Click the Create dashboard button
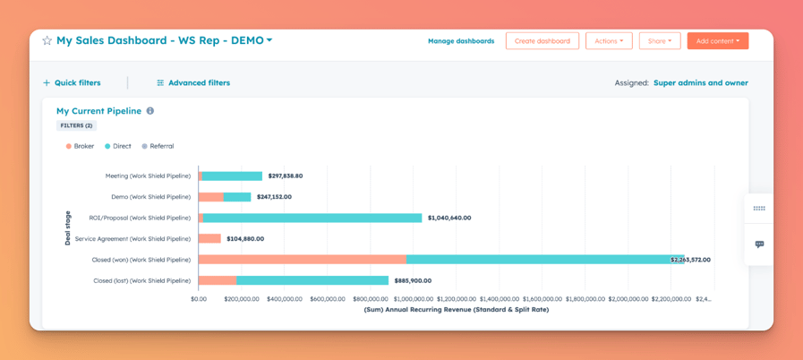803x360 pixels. coord(542,41)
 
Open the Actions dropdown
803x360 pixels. coord(609,41)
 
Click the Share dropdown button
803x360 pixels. coord(659,41)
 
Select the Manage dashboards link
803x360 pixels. coord(461,41)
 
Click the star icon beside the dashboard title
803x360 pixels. coord(47,41)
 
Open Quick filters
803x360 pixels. coord(72,83)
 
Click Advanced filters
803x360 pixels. coord(193,83)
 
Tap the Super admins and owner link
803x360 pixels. coord(700,83)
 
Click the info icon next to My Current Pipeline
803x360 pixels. coord(150,111)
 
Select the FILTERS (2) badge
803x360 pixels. coord(76,126)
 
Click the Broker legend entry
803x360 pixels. coord(80,146)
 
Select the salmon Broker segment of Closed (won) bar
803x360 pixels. coord(302,260)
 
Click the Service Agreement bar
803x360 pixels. coord(209,239)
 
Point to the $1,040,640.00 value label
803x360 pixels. coord(449,218)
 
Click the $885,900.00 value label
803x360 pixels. coord(413,280)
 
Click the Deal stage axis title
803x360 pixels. coord(68,228)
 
